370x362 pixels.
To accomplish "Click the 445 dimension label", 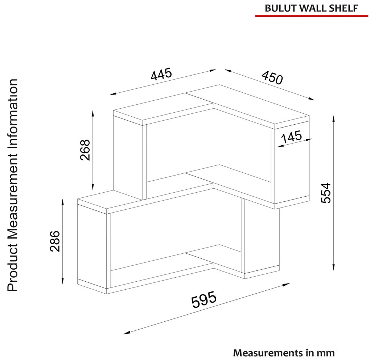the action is click(x=162, y=74).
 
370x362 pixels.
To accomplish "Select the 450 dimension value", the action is click(x=272, y=77).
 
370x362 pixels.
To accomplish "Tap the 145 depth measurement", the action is click(x=291, y=137).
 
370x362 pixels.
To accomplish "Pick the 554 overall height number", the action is click(x=326, y=193).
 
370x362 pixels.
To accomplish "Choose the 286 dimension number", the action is click(x=55, y=241).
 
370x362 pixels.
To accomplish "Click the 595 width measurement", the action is click(x=204, y=299).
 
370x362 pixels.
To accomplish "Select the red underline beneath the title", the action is click(x=312, y=16).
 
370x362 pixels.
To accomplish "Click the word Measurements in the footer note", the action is click(x=268, y=353).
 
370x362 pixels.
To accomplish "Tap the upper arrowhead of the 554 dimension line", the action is click(x=333, y=119).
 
